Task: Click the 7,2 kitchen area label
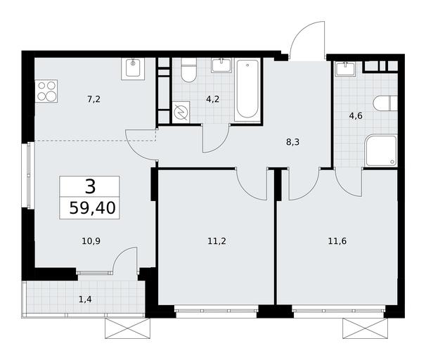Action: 93,99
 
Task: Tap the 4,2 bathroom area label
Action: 212,99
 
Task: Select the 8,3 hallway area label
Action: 293,142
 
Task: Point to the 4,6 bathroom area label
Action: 356,116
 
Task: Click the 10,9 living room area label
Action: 91,241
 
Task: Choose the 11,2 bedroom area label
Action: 217,241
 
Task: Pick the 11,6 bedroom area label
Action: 337,241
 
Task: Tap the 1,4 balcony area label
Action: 85,300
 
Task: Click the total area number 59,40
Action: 93,208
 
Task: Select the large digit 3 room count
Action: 90,186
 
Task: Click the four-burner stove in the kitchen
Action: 46,91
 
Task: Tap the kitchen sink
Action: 133,69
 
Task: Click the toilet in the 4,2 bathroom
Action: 189,70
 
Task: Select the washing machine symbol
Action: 181,112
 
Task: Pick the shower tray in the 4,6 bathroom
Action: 381,150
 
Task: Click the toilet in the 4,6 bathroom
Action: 385,103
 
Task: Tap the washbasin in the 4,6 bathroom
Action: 345,69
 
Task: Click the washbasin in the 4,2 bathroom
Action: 221,65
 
